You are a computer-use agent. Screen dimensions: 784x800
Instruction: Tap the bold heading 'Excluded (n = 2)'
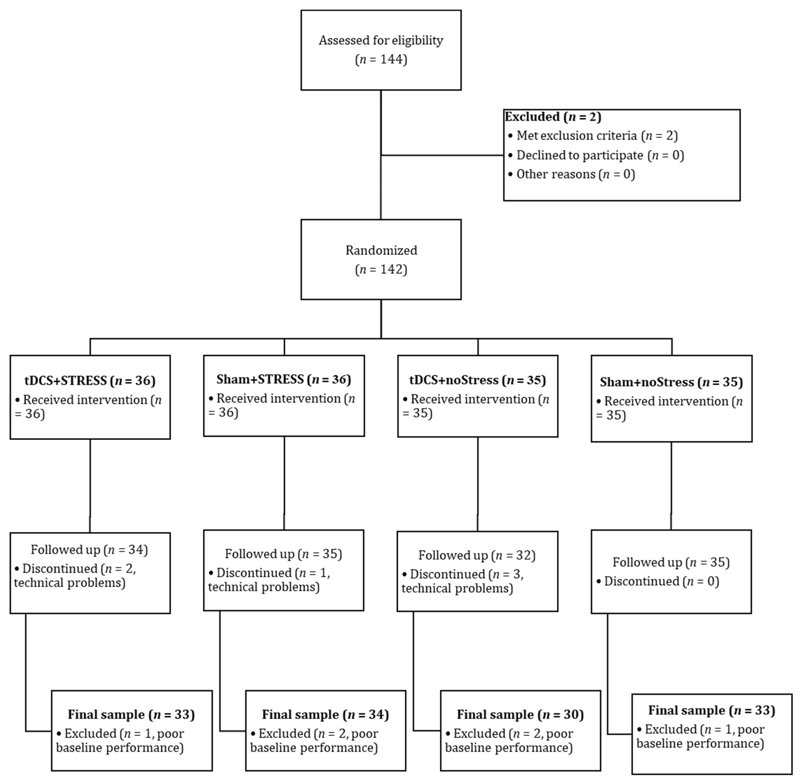553,117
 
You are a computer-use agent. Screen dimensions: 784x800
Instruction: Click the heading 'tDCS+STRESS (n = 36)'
90,381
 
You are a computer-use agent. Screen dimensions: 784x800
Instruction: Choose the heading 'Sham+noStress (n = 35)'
671,382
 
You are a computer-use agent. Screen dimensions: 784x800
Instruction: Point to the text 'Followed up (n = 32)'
477,556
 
